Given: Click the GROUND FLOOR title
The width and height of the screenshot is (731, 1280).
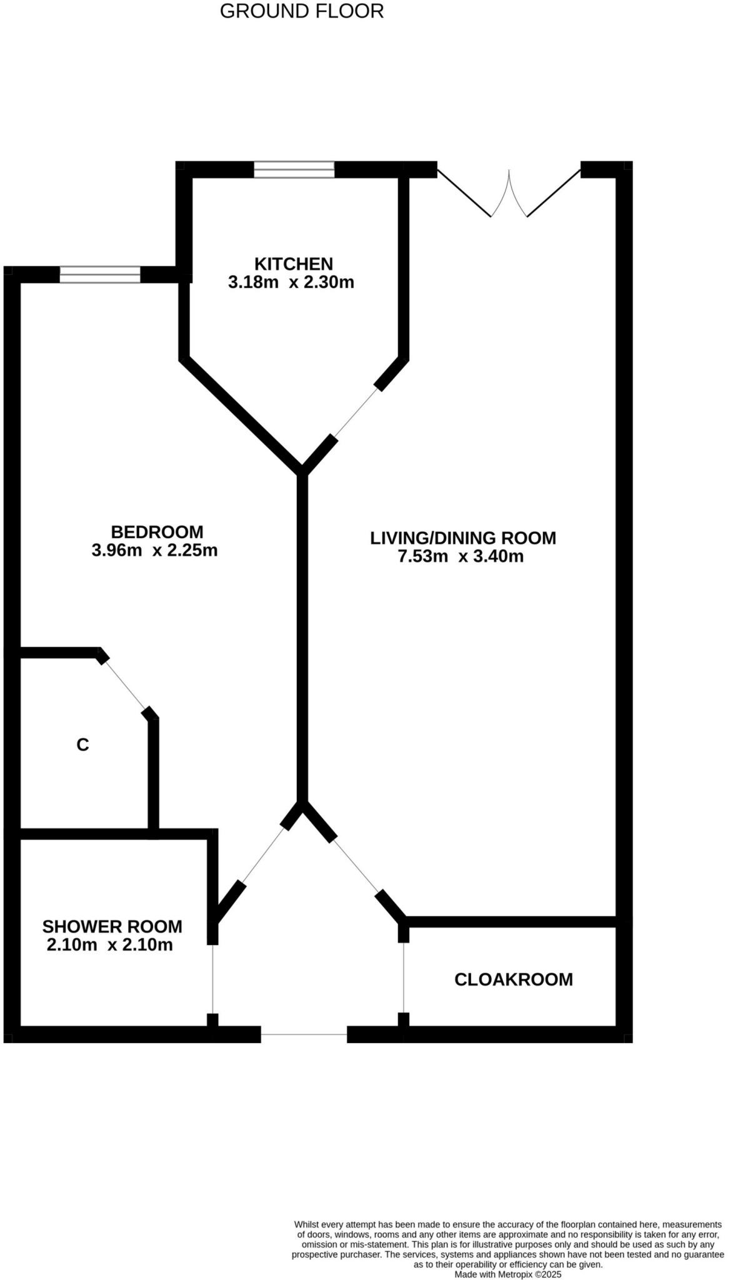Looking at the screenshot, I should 302,11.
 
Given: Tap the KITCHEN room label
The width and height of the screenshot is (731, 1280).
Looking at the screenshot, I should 293,264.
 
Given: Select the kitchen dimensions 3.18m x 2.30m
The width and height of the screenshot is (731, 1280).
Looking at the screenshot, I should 291,282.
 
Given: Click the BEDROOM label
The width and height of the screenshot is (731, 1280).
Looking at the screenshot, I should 157,532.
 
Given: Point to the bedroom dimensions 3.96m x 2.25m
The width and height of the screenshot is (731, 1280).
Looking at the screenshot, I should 154,551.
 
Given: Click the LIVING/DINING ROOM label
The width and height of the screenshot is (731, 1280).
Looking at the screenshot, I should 463,537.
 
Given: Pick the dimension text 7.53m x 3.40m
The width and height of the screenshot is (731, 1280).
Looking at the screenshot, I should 460,556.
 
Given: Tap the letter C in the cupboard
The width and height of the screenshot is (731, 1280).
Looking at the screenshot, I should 82,745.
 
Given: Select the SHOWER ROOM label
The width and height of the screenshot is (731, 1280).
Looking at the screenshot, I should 112,926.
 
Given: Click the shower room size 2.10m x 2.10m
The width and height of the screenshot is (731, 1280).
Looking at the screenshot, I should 109,945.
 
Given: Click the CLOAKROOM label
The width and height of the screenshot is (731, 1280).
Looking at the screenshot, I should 514,979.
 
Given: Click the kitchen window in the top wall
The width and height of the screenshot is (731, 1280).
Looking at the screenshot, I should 294,169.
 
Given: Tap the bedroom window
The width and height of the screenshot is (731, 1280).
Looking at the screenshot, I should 100,274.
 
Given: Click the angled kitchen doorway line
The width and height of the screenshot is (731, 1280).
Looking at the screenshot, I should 356,413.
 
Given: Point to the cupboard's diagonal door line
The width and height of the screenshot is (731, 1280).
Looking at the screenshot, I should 125,684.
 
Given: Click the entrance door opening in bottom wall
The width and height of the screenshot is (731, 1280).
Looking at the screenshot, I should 304,1034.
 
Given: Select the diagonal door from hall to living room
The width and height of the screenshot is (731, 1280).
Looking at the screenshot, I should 356,865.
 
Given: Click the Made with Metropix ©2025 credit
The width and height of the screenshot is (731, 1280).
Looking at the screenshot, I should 508,1274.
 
